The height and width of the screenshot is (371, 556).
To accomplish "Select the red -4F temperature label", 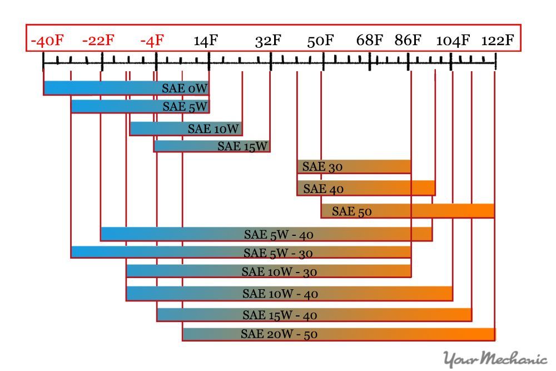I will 152,41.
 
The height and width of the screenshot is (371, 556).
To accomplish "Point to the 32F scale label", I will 269,41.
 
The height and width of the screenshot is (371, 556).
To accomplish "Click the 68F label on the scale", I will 370,41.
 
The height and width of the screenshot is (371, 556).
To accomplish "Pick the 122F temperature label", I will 498,41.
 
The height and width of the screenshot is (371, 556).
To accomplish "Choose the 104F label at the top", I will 453,41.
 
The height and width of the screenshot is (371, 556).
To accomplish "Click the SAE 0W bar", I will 126,88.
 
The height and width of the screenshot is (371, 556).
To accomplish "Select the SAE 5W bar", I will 140,106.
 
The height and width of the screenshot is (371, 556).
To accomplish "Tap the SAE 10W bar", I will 186,128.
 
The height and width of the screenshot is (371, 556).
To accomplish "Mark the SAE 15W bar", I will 212,146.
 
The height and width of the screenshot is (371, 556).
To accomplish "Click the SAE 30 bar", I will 354,166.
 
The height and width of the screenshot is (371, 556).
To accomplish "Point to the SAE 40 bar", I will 366,189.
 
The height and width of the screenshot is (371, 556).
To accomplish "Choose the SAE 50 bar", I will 408,211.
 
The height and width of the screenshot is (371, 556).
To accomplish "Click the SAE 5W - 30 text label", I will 278,253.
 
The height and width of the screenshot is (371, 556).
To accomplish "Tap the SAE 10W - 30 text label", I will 278,272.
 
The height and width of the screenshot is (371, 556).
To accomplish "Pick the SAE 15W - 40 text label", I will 280,315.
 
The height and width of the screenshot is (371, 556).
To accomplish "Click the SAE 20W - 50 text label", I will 279,334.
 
